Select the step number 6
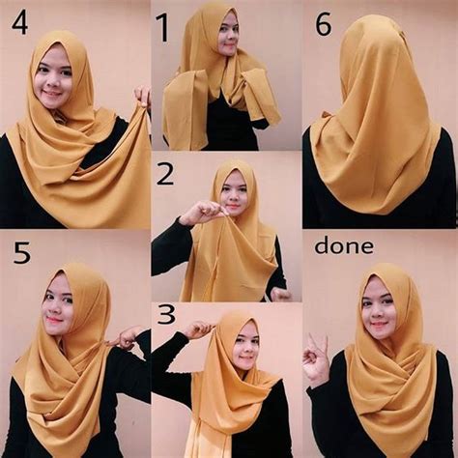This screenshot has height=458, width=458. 324,23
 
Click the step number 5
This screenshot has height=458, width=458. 20,254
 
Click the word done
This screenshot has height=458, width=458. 343,246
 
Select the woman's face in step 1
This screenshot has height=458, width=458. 227,36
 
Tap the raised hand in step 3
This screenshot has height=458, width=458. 198,330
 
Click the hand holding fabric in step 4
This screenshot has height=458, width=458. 143,96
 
